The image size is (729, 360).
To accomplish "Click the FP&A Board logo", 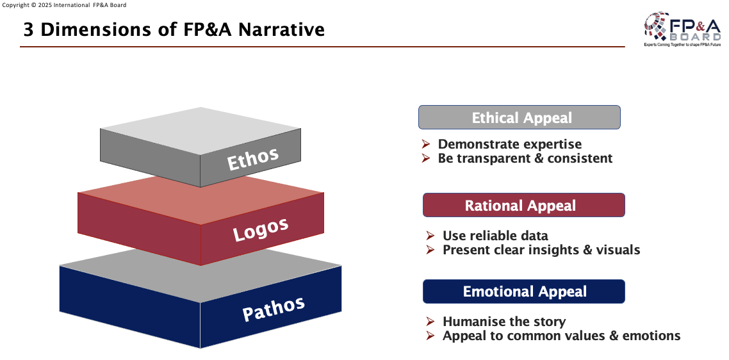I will pyautogui.click(x=682, y=29).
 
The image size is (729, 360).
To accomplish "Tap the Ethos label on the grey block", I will pyautogui.click(x=253, y=159).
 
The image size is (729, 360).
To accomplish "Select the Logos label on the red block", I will pyautogui.click(x=260, y=229).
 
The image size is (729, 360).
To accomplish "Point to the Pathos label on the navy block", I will pyautogui.click(x=274, y=309).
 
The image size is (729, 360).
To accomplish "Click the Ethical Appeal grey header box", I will pyautogui.click(x=520, y=118).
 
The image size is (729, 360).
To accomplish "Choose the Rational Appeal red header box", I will pyautogui.click(x=523, y=206).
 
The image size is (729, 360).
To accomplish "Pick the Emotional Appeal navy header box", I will pyautogui.click(x=523, y=292).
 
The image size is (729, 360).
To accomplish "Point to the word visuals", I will pyautogui.click(x=618, y=250).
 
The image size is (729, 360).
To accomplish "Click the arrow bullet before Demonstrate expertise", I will pyautogui.click(x=425, y=144).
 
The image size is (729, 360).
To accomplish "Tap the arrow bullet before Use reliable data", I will pyautogui.click(x=430, y=236).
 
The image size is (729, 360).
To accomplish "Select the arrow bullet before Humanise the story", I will pyautogui.click(x=430, y=322).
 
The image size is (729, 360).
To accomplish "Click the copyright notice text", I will pyautogui.click(x=65, y=5).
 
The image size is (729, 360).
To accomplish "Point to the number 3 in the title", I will pyautogui.click(x=28, y=29).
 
